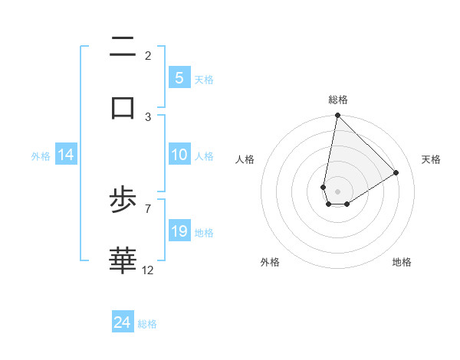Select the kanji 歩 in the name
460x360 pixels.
click(x=123, y=201)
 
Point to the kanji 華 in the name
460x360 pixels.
click(x=123, y=260)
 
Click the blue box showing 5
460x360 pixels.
click(x=179, y=77)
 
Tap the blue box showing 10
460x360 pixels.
click(x=179, y=155)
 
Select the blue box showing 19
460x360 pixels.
click(x=179, y=231)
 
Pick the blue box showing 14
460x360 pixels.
click(x=66, y=155)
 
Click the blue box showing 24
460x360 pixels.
click(x=123, y=322)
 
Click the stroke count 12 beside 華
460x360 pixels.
click(x=148, y=270)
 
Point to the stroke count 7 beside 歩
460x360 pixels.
click(x=148, y=208)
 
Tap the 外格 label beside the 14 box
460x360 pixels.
click(x=41, y=155)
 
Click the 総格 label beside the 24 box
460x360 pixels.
click(x=147, y=324)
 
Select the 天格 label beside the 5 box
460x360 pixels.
click(x=204, y=79)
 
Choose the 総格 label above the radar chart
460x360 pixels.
click(x=337, y=100)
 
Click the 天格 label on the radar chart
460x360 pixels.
click(x=431, y=159)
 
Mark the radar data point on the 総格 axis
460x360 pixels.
click(x=337, y=116)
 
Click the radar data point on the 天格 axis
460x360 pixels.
click(x=396, y=172)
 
